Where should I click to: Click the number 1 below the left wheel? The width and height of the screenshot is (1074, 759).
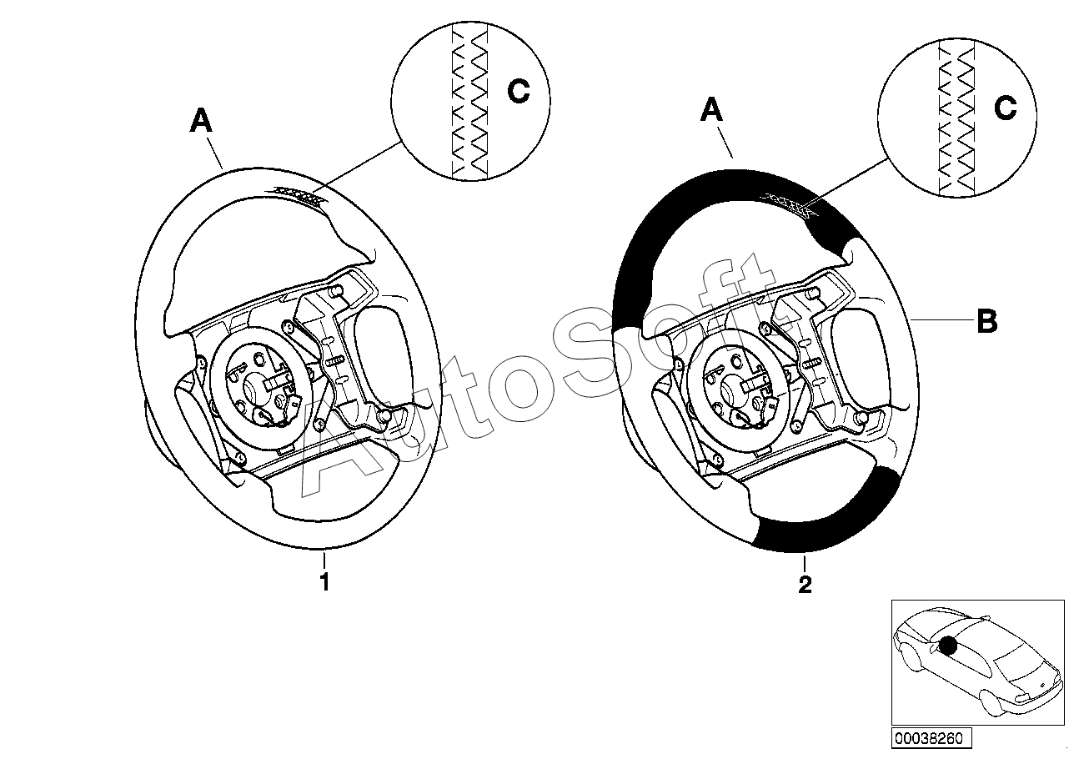coord(324,581)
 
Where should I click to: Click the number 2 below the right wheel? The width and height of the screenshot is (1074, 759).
coord(805,585)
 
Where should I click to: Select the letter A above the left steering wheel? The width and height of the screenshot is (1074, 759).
coord(201,122)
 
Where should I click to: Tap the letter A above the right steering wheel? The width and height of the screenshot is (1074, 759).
coord(711,110)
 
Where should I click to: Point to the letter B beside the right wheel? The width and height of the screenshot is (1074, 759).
coord(986,322)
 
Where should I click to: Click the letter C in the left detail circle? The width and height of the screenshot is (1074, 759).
coord(519,93)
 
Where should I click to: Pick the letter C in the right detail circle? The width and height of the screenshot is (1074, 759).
coord(1006,107)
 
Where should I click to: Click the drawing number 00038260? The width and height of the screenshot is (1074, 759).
coord(928,738)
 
